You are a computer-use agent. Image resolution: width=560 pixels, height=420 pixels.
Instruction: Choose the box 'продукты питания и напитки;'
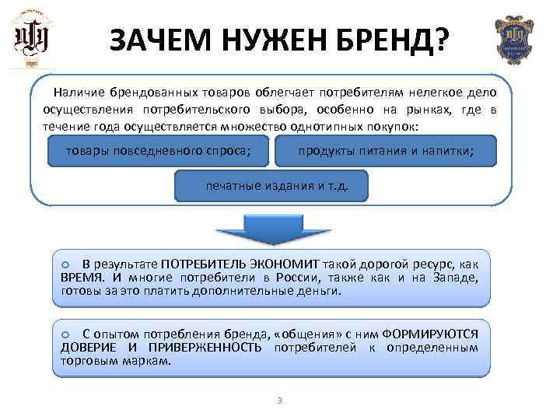click(386, 151)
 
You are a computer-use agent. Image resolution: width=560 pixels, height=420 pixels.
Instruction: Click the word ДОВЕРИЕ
click(88, 347)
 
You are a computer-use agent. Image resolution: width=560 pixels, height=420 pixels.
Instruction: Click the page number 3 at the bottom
click(279, 401)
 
